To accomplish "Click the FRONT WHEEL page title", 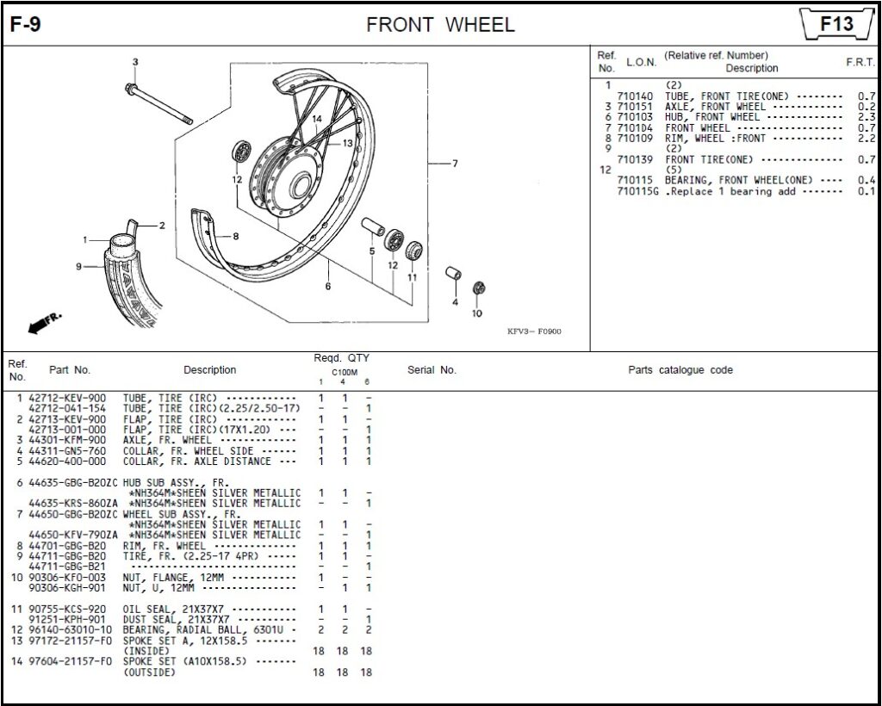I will [x=440, y=25].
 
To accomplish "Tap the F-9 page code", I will [x=26, y=25].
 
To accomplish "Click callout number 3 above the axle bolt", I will [x=134, y=62].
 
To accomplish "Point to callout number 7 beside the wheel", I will [x=455, y=164].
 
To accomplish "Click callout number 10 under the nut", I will [x=477, y=313].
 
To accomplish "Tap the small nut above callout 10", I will [x=479, y=288].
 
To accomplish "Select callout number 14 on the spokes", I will [x=317, y=119].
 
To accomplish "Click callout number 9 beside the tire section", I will [x=78, y=267].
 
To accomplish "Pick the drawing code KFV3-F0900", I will [x=534, y=331].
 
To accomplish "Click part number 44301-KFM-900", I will [x=67, y=440].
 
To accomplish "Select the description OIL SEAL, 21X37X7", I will [x=177, y=609].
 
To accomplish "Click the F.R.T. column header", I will [x=860, y=63].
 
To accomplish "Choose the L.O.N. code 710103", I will [x=635, y=116].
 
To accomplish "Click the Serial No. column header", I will [x=432, y=370].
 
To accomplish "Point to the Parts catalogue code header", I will [x=680, y=370].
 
